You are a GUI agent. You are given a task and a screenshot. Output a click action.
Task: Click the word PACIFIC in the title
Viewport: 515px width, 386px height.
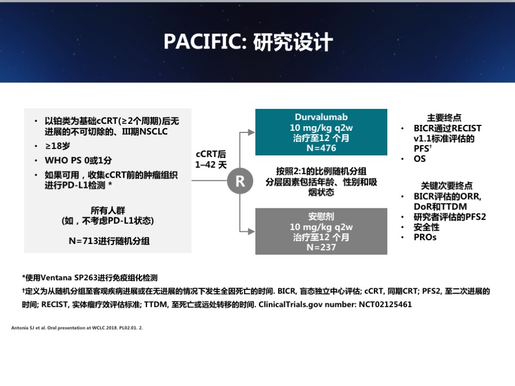205,42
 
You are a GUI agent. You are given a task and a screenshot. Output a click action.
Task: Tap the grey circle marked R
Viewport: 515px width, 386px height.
240,181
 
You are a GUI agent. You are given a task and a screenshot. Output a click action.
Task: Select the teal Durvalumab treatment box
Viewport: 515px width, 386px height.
321,132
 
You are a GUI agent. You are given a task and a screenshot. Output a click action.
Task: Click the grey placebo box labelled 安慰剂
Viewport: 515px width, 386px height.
321,231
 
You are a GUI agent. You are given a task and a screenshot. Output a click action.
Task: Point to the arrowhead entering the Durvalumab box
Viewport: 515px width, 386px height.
252,132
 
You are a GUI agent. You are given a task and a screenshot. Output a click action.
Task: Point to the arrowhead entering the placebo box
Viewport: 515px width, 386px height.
252,231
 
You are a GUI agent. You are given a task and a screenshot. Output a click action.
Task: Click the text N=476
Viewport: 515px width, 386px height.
321,148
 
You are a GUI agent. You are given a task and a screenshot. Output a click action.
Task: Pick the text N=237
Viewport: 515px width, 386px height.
321,248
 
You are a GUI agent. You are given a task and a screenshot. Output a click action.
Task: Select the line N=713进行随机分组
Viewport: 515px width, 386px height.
109,241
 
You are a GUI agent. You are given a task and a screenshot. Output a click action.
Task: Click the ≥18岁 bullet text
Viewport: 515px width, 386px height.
58,146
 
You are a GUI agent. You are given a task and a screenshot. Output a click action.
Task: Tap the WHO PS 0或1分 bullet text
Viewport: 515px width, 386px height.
78,160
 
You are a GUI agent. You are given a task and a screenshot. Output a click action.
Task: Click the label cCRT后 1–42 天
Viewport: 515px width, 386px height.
211,160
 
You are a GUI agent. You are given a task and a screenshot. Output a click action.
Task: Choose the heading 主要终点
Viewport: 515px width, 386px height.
444,117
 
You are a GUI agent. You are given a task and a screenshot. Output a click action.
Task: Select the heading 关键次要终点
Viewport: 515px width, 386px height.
447,186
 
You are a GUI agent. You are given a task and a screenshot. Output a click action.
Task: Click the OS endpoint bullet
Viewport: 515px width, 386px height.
420,159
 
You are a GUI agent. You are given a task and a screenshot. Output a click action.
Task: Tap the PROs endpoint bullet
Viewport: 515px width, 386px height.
425,237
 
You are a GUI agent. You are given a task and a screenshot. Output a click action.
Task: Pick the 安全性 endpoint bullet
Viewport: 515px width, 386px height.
426,227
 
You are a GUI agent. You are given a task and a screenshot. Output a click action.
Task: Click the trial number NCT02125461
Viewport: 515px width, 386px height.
385,305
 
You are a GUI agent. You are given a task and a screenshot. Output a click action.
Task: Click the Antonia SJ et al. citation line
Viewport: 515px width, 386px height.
77,328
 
